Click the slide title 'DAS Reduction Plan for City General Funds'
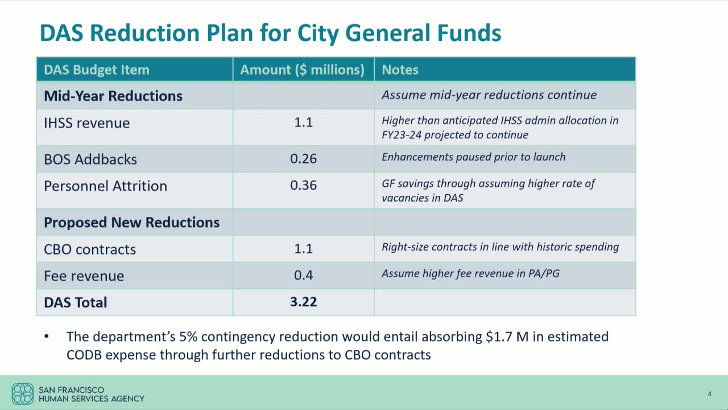(x=270, y=33)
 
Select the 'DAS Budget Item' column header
(x=97, y=69)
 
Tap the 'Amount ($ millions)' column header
(x=302, y=69)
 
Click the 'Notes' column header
(x=400, y=69)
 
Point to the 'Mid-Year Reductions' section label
(x=113, y=96)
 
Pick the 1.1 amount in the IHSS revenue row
(x=303, y=122)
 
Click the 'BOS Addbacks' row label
(x=90, y=159)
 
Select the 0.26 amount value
(x=303, y=158)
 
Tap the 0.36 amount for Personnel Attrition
(x=303, y=185)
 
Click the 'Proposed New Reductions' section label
(x=131, y=222)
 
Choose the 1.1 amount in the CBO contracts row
(x=303, y=248)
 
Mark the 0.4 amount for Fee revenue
(x=303, y=275)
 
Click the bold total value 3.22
(x=303, y=302)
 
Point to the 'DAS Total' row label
(x=76, y=302)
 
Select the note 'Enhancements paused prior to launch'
(x=473, y=157)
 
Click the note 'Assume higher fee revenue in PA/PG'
(x=470, y=273)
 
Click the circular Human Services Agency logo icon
(x=23, y=393)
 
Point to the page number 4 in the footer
(x=709, y=394)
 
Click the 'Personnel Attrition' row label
(x=105, y=186)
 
